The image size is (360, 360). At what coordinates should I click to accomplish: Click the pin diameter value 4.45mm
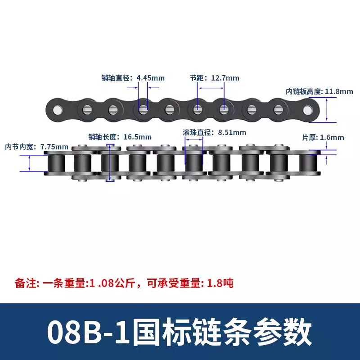[x=151, y=78]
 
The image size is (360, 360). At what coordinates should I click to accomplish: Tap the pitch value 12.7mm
[x=225, y=78]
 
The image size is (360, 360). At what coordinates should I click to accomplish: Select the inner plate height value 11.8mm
[x=339, y=91]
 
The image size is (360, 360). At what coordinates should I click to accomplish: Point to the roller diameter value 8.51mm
[x=232, y=132]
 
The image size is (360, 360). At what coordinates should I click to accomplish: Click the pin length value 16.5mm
[x=138, y=137]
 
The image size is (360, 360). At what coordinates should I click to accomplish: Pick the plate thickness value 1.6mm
[x=332, y=138]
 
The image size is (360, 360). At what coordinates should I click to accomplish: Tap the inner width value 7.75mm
[x=54, y=147]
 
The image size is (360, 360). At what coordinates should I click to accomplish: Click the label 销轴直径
[x=115, y=78]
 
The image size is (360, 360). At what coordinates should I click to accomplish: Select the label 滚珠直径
[x=197, y=132]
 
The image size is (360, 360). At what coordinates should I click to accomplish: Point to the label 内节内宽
[x=19, y=147]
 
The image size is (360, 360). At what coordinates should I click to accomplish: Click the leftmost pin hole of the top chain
[x=58, y=110]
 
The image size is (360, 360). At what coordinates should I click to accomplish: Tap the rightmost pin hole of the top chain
[x=308, y=110]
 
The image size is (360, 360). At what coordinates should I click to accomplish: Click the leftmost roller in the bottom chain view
[x=56, y=163]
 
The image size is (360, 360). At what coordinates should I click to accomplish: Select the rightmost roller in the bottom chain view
[x=308, y=163]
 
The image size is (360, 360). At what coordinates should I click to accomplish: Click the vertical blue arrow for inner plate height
[x=327, y=110]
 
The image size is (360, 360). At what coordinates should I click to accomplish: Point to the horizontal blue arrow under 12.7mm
[x=211, y=88]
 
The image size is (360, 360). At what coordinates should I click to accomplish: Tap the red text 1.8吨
[x=220, y=283]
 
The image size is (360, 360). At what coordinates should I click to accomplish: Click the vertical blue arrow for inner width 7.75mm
[x=29, y=163]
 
